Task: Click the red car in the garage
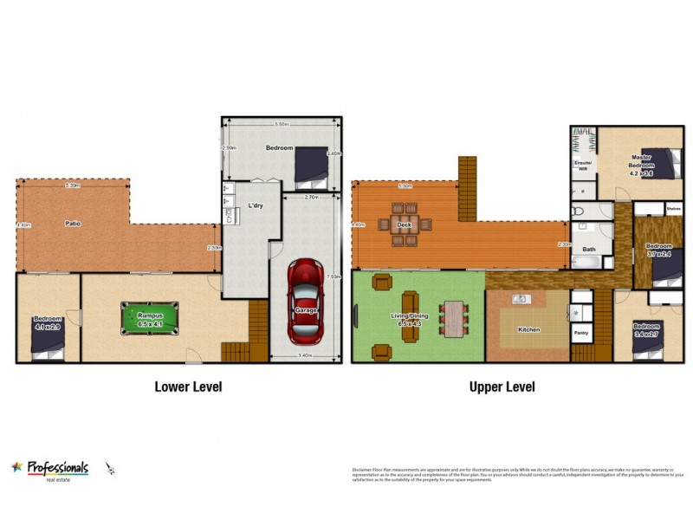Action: (304, 300)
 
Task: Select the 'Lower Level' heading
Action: (188, 387)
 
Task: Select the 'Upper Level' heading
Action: (502, 387)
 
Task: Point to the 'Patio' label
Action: (74, 224)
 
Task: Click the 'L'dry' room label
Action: (256, 205)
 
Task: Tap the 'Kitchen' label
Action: (528, 330)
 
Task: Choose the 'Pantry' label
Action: (580, 331)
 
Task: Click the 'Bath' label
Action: (589, 250)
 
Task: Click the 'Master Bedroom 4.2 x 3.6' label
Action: (641, 164)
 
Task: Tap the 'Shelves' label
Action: (673, 208)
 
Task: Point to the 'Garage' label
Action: (305, 310)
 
